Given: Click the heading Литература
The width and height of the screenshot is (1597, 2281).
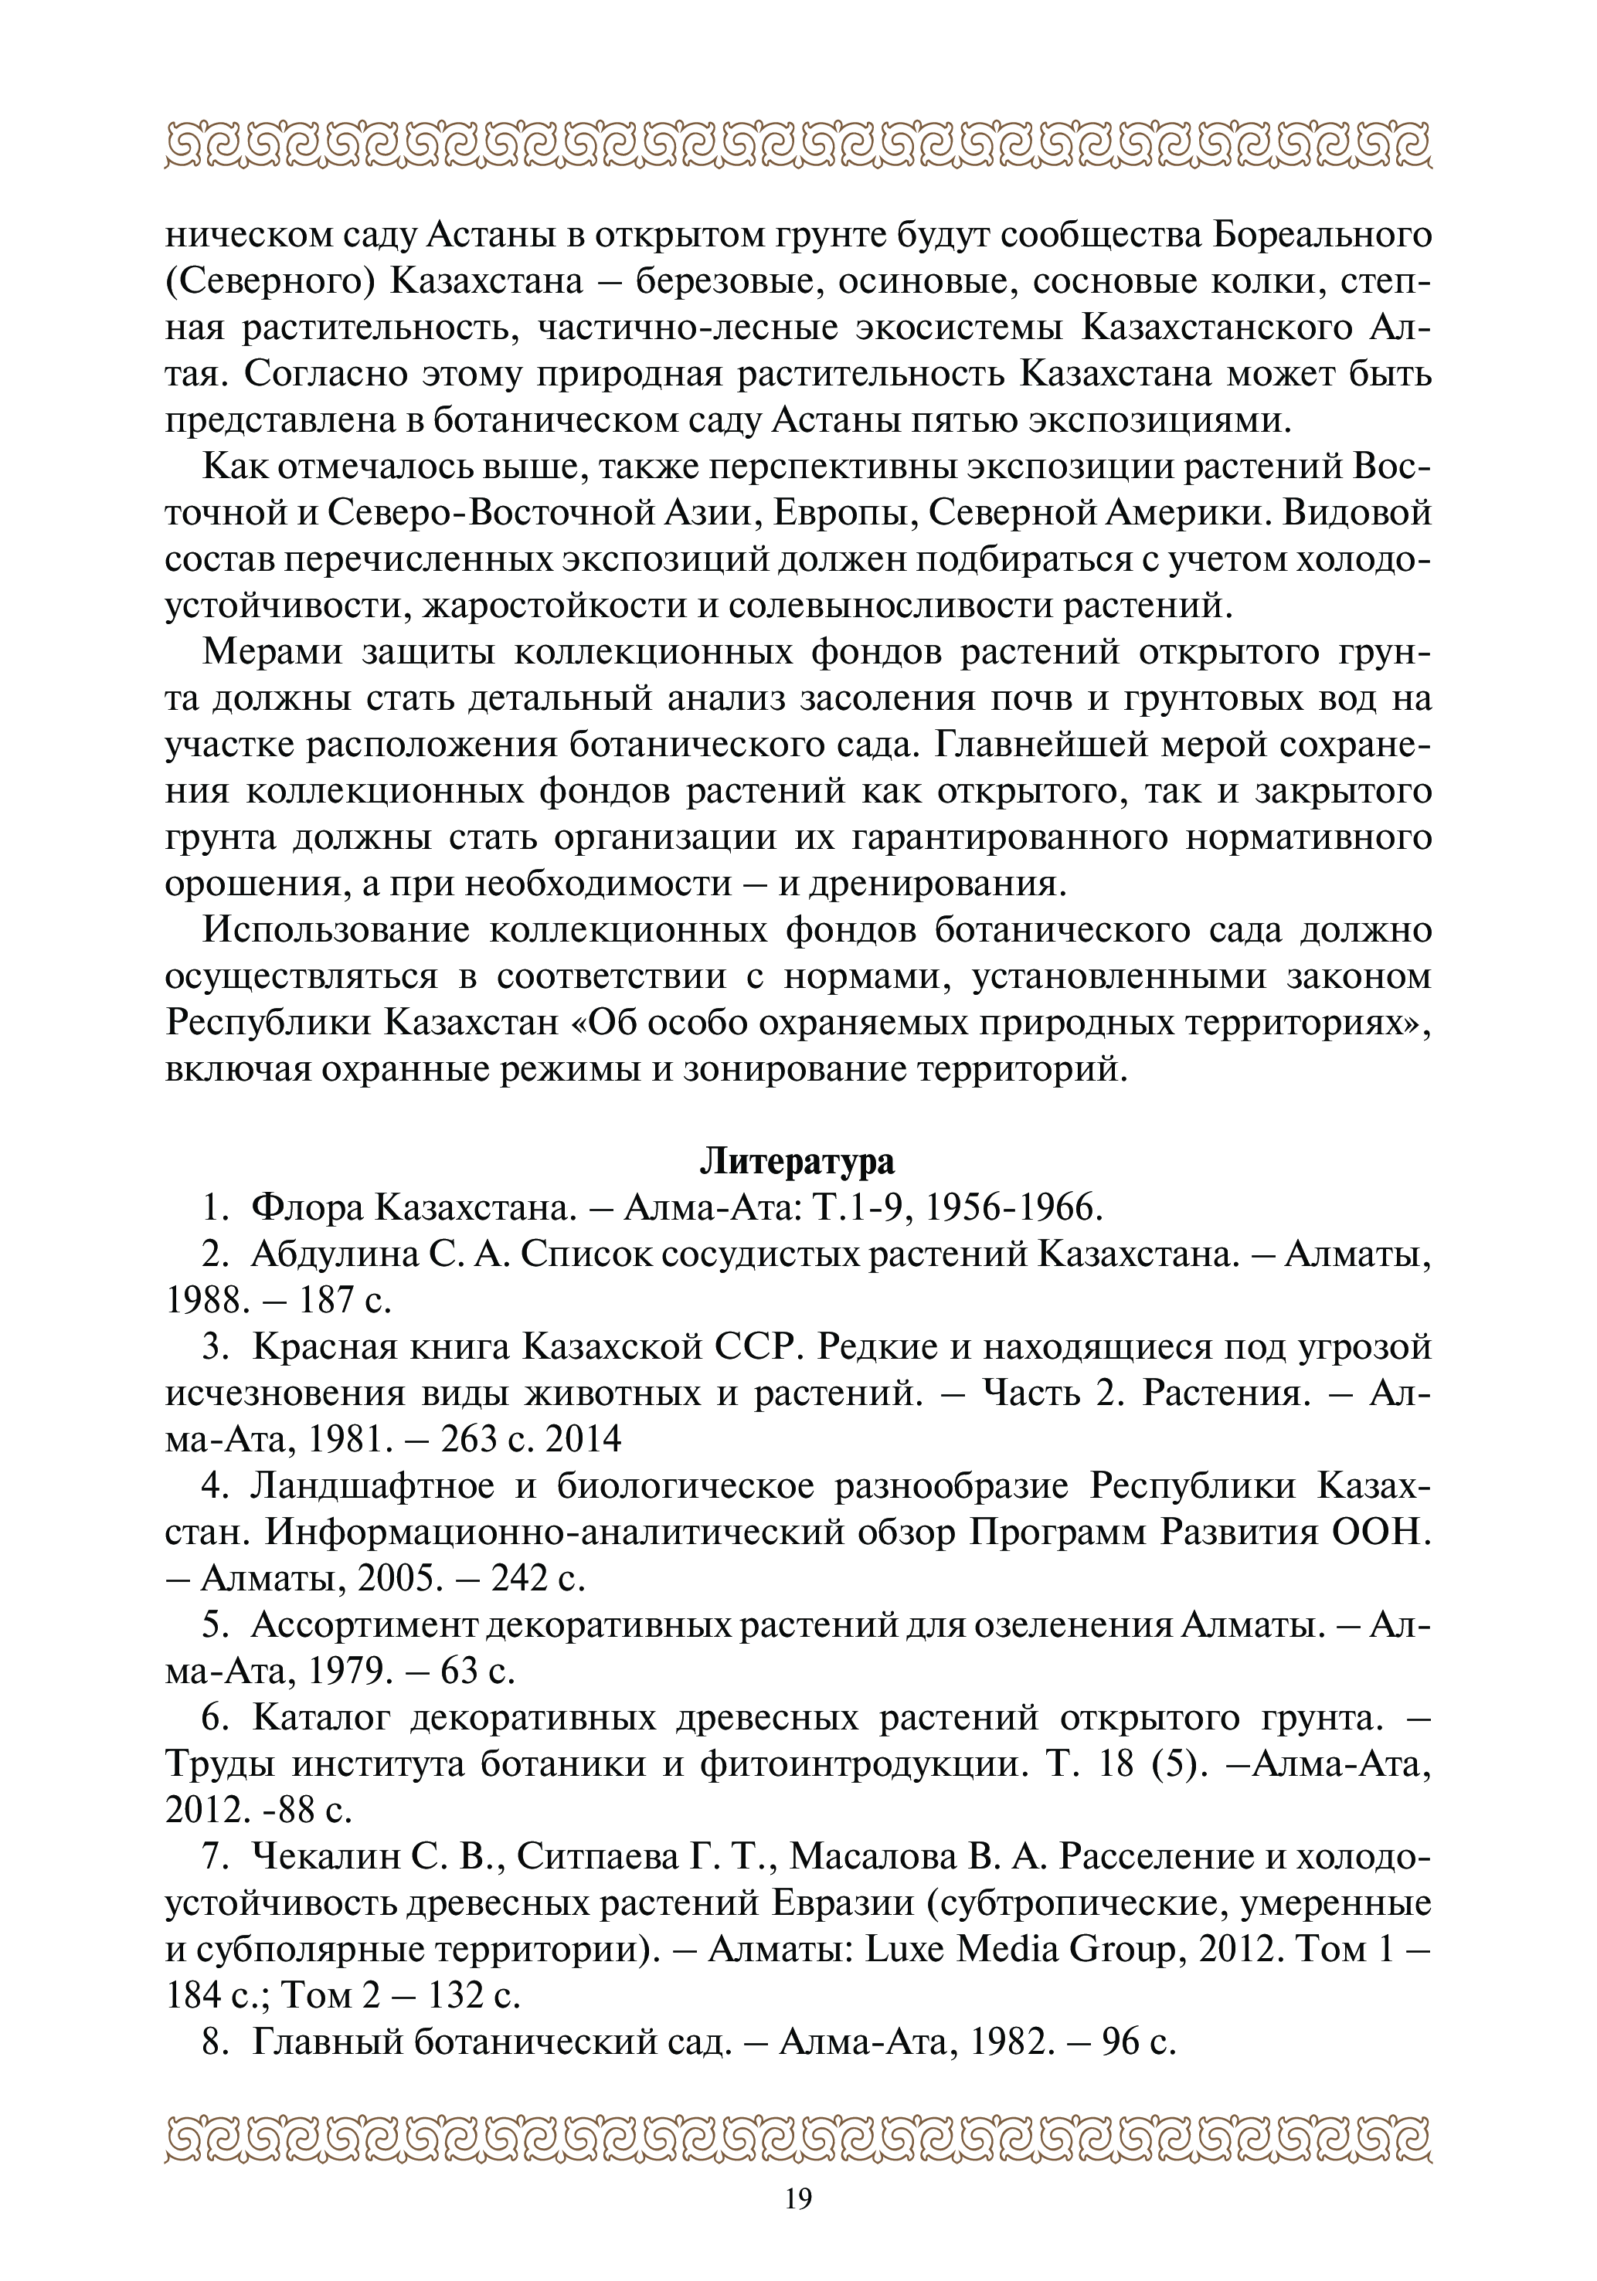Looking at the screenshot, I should (x=797, y=1160).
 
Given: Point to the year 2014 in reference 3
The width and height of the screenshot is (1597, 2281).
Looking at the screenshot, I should (x=583, y=1438).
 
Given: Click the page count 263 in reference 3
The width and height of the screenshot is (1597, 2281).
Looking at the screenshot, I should (x=469, y=1438).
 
